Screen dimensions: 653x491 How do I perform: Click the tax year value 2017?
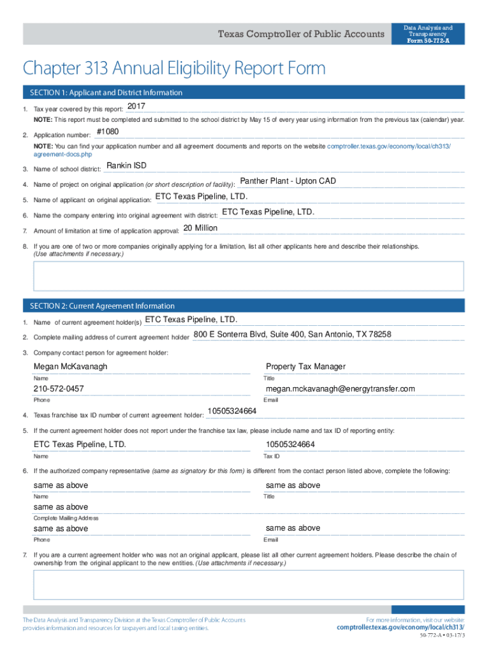click(x=136, y=106)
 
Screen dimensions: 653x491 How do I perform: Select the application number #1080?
click(x=107, y=132)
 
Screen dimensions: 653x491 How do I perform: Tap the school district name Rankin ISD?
click(x=126, y=166)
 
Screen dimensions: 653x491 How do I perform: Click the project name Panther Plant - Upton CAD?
click(x=288, y=181)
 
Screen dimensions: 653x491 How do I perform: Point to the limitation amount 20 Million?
click(x=200, y=228)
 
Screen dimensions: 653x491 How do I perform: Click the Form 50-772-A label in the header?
click(x=428, y=41)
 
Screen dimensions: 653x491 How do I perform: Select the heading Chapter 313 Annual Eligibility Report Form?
click(x=174, y=68)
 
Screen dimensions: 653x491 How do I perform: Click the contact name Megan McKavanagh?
click(x=70, y=367)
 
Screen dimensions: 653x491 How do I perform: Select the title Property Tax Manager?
click(x=305, y=367)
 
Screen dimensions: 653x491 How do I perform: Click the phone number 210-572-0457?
click(x=59, y=389)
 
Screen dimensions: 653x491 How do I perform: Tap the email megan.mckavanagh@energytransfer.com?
click(x=340, y=389)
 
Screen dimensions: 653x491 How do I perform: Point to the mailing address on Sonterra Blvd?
click(x=292, y=334)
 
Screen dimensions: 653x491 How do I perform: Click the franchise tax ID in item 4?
click(x=232, y=411)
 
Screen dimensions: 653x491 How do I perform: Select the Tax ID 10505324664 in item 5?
click(x=290, y=444)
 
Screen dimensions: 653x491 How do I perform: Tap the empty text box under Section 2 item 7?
click(x=249, y=585)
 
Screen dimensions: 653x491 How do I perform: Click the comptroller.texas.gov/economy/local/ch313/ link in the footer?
click(x=400, y=627)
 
